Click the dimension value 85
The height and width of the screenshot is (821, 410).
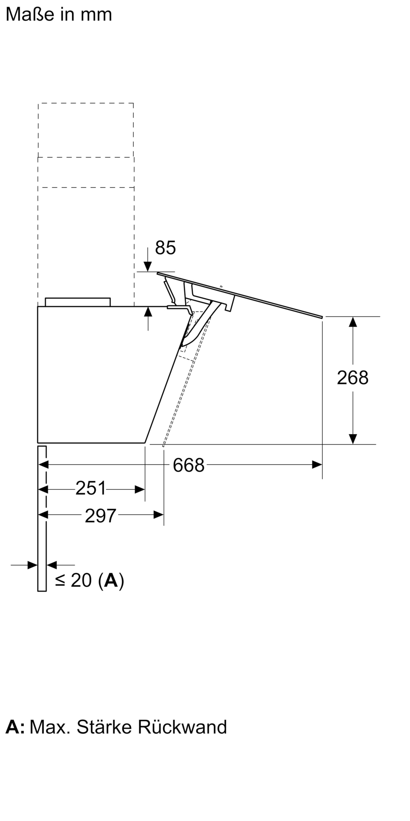pyautogui.click(x=165, y=248)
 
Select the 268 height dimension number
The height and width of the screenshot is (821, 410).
pyautogui.click(x=353, y=378)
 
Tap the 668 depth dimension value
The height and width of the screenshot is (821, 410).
pyautogui.click(x=189, y=465)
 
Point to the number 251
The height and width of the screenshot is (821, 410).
pyautogui.click(x=91, y=488)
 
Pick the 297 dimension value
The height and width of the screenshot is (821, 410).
pyautogui.click(x=101, y=516)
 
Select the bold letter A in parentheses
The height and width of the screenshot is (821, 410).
pyautogui.click(x=111, y=580)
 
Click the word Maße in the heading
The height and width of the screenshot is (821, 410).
pyautogui.click(x=30, y=15)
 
